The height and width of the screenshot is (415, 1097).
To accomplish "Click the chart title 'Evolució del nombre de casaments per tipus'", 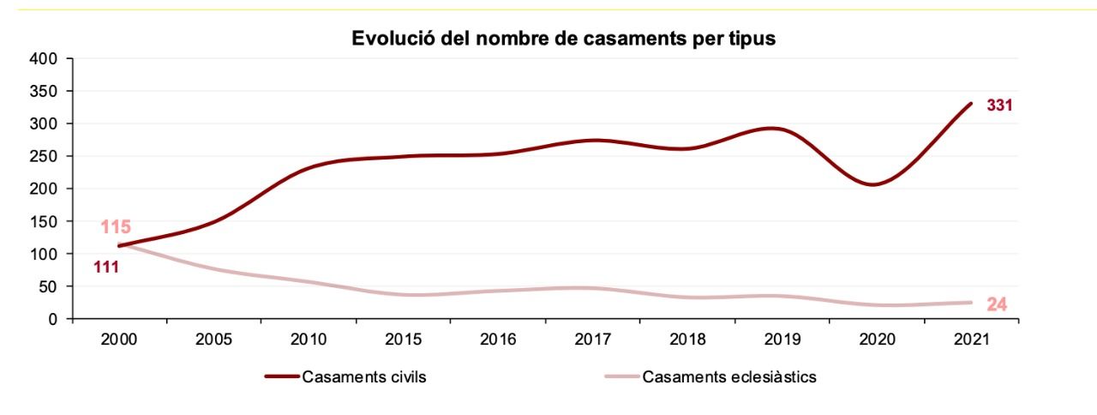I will tap(563, 39).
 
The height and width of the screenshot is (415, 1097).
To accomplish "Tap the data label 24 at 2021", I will tap(996, 304).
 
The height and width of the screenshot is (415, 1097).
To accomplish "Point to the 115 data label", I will tap(115, 227).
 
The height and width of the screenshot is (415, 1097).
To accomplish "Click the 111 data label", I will tap(106, 267).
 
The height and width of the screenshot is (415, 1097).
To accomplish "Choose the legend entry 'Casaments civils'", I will tap(363, 377).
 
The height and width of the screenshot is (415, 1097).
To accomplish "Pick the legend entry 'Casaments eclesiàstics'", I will tap(729, 377).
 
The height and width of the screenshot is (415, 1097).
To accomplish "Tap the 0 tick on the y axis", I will tap(53, 319).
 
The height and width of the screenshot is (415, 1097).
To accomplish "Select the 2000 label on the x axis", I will tap(119, 339).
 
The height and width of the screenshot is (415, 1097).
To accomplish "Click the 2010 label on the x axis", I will tap(309, 339).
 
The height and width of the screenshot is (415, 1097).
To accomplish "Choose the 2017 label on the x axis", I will tap(593, 339).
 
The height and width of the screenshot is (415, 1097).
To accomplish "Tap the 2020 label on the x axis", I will tap(877, 339).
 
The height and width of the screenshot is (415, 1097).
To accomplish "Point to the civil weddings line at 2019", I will tap(782, 129).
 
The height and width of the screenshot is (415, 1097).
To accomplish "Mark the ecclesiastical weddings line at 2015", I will tap(403, 295).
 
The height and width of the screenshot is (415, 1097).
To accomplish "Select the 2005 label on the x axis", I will tap(213, 339).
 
